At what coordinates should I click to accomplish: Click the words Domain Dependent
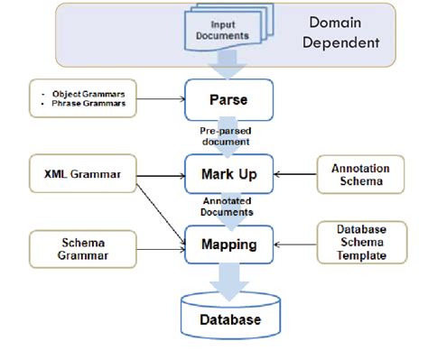click(x=341, y=32)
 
